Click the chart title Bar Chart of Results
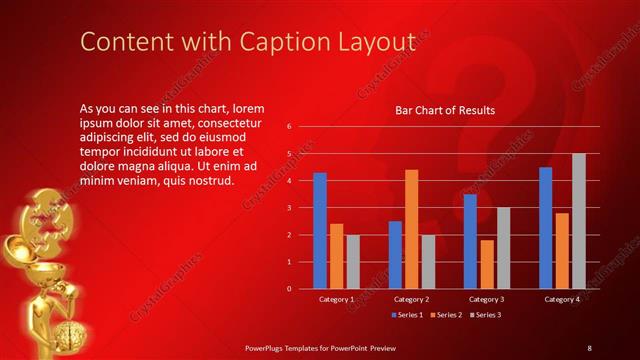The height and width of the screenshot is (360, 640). pyautogui.click(x=445, y=110)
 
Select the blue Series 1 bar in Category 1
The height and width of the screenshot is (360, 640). pyautogui.click(x=320, y=230)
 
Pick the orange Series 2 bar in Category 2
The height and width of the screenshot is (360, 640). pyautogui.click(x=411, y=229)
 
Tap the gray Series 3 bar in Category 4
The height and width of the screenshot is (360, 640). pyautogui.click(x=578, y=221)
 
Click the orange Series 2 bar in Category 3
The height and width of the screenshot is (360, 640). pyautogui.click(x=486, y=264)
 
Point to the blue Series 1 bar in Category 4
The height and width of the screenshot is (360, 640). pyautogui.click(x=545, y=227)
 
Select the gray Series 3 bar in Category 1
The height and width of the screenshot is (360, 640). pyautogui.click(x=353, y=261)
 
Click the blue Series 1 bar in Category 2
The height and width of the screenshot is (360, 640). pyautogui.click(x=395, y=254)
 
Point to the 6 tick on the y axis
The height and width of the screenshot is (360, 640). pyautogui.click(x=288, y=127)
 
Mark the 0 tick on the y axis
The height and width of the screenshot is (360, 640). pyautogui.click(x=288, y=289)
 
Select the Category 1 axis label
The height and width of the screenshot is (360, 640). pyautogui.click(x=336, y=299)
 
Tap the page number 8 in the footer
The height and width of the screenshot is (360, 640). pyautogui.click(x=589, y=347)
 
